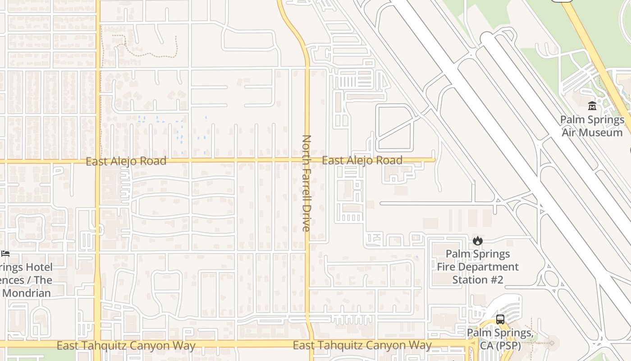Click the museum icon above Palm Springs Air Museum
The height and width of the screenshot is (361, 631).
592,106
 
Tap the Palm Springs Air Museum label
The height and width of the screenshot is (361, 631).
592,126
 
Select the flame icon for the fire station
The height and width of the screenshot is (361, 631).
478,241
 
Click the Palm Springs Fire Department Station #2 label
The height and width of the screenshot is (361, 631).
478,267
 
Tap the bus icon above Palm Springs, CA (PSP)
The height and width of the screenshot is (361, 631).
500,319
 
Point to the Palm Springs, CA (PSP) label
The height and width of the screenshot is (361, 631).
500,339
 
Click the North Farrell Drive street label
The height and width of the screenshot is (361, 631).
306,183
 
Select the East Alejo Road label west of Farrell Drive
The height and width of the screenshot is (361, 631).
126,161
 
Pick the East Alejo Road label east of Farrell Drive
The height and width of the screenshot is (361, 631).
362,160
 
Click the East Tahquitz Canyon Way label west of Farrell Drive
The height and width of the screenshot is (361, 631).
126,346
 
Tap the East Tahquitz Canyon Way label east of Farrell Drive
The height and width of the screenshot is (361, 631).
362,346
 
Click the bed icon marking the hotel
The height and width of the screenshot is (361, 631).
5,254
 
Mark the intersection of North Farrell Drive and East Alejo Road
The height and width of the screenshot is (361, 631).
307,160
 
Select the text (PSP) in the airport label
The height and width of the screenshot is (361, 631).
507,346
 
